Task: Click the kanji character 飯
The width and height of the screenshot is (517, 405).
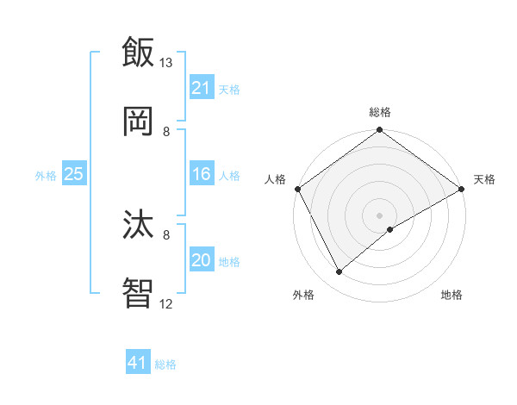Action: click(x=138, y=52)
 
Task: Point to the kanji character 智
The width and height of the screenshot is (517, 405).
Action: click(x=138, y=293)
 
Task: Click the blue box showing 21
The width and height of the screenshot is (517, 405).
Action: click(x=201, y=88)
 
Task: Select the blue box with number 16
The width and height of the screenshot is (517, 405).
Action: click(x=201, y=175)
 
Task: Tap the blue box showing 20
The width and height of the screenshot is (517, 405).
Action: click(x=201, y=261)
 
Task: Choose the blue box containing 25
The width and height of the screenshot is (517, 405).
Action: click(x=74, y=174)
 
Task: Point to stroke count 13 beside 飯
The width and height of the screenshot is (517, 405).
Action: click(x=166, y=63)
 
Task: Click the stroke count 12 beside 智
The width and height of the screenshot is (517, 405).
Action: click(x=166, y=304)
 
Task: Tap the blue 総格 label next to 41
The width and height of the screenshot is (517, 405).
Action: click(x=165, y=364)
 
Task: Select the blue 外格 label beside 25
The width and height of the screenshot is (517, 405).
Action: click(x=46, y=175)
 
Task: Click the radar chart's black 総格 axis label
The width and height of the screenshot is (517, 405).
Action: click(x=380, y=112)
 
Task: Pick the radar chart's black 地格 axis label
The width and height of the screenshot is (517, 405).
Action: click(x=452, y=296)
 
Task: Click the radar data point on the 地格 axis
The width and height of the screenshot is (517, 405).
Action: click(x=390, y=229)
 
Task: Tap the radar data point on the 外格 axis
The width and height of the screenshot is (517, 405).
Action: click(x=339, y=271)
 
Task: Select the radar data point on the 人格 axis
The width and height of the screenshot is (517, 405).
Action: click(x=297, y=188)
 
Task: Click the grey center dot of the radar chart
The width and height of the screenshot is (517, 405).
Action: click(x=379, y=215)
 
